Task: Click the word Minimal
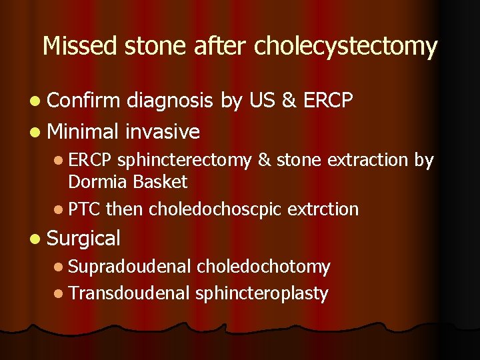click(83, 131)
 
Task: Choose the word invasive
click(162, 131)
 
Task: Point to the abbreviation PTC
click(85, 209)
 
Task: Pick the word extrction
click(323, 209)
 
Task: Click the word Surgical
click(84, 238)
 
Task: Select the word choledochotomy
click(263, 267)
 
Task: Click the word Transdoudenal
click(129, 293)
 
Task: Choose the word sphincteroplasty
click(261, 293)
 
